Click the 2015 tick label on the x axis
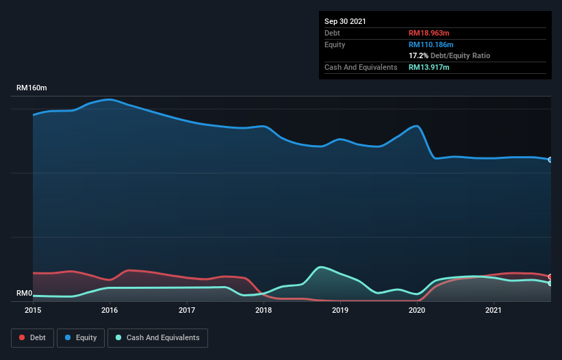click(33, 310)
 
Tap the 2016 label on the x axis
click(110, 310)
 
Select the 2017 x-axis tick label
click(187, 310)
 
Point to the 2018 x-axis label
click(264, 310)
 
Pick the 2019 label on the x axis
click(340, 310)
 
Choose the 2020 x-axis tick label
click(418, 310)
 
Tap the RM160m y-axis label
click(32, 88)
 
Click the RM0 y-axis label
click(25, 294)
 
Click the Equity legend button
click(81, 337)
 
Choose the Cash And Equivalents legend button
click(157, 337)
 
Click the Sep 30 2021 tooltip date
click(345, 21)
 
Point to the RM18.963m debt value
click(429, 33)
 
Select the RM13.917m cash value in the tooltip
click(429, 67)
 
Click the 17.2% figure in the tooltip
click(418, 55)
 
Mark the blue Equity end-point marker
click(550, 159)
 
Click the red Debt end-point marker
click(550, 277)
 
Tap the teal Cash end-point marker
click(550, 283)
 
